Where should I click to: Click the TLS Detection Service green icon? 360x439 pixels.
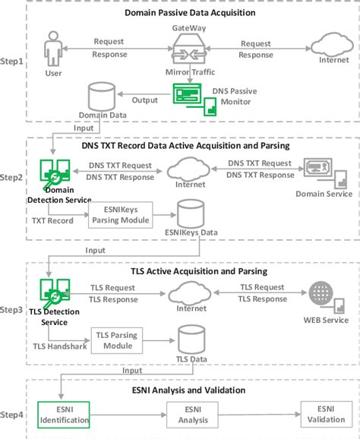point(52,293)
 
